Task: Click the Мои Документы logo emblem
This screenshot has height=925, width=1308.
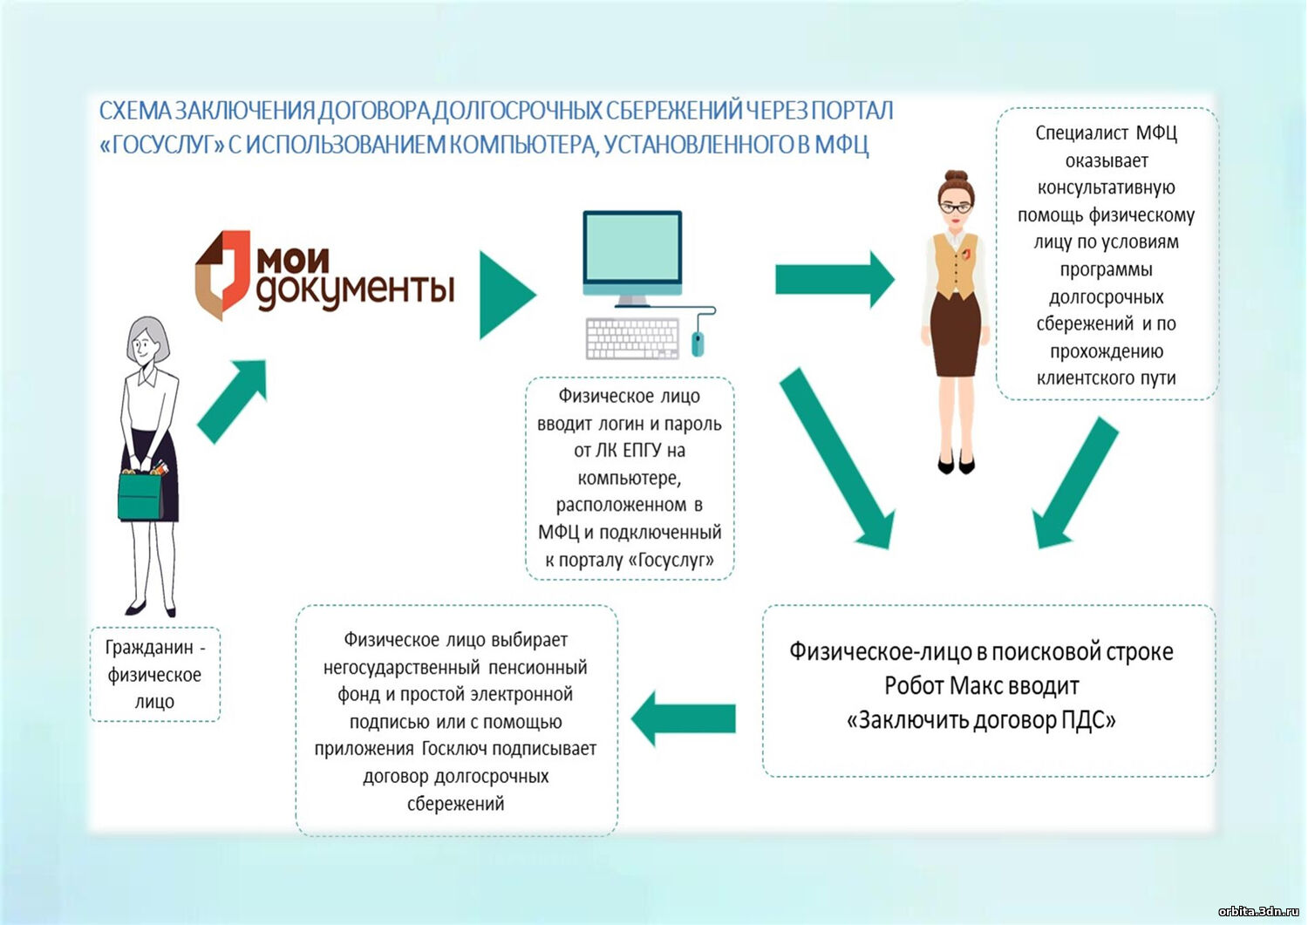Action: (221, 274)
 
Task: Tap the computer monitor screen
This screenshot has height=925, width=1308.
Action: (632, 248)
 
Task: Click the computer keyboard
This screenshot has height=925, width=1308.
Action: (632, 338)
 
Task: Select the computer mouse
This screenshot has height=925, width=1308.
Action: (698, 343)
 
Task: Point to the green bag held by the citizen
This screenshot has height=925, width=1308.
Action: (140, 495)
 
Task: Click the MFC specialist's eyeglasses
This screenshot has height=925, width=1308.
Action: (957, 207)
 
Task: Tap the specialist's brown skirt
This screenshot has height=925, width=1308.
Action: (955, 336)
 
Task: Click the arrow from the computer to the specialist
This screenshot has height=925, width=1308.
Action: (834, 279)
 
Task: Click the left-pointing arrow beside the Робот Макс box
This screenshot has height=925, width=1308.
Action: (684, 718)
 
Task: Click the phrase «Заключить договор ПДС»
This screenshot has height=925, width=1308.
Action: (982, 721)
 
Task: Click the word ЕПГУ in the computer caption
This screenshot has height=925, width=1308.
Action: (640, 451)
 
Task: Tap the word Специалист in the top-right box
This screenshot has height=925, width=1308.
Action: (1080, 133)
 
